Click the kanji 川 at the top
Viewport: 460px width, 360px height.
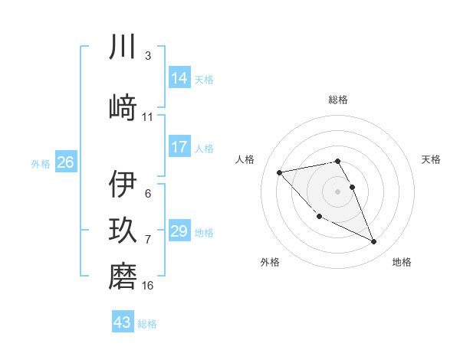click(x=123, y=47)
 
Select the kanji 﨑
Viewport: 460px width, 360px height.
click(x=123, y=108)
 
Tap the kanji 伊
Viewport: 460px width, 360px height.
click(x=123, y=185)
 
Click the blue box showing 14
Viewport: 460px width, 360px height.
click(x=179, y=77)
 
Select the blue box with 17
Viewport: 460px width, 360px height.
click(x=179, y=147)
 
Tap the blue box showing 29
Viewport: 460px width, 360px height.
click(x=179, y=231)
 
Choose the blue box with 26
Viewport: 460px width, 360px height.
click(x=65, y=162)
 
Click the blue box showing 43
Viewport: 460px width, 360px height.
click(x=123, y=322)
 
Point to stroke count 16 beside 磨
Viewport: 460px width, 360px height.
click(x=148, y=286)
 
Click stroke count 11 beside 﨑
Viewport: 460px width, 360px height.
click(x=148, y=117)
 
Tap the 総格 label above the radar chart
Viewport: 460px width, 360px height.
click(x=338, y=100)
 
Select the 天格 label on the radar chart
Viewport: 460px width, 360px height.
click(x=431, y=159)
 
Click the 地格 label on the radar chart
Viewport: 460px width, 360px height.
click(x=402, y=262)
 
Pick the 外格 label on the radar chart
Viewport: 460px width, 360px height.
click(x=270, y=262)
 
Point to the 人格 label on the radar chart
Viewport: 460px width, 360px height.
click(x=245, y=159)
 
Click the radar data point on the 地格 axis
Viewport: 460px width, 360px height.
click(x=374, y=242)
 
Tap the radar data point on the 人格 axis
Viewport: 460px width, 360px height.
click(x=279, y=172)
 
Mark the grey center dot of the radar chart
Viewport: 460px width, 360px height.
click(x=338, y=191)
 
